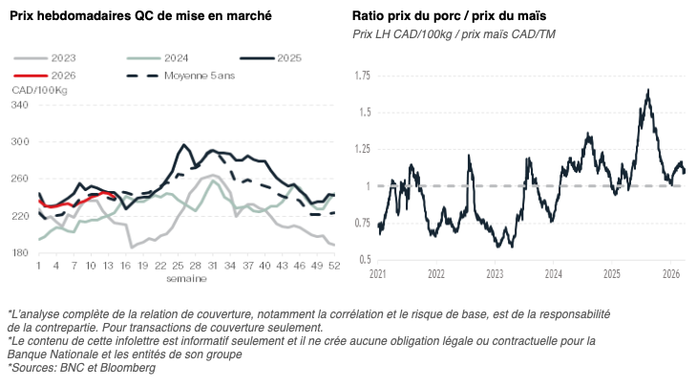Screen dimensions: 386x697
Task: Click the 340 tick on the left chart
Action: pyautogui.click(x=20, y=104)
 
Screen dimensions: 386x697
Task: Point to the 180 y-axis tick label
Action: pyautogui.click(x=20, y=253)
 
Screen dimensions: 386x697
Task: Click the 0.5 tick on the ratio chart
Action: pyautogui.click(x=363, y=259)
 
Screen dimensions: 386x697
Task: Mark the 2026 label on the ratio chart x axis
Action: pyautogui.click(x=672, y=274)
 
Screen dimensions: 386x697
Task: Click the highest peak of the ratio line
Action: pyautogui.click(x=648, y=90)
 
